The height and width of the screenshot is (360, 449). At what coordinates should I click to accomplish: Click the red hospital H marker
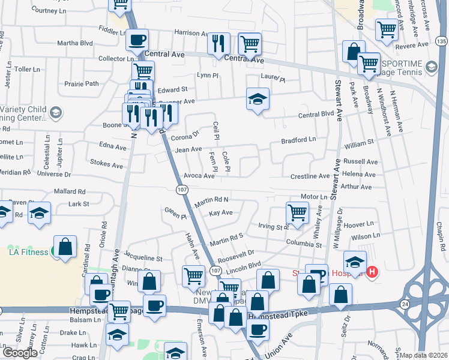click(372, 272)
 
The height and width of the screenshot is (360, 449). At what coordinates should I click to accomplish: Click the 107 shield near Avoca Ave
click(181, 190)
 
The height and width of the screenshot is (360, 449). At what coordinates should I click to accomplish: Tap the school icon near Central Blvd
click(258, 100)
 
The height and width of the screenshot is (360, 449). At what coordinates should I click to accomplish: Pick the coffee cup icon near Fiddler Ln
click(137, 40)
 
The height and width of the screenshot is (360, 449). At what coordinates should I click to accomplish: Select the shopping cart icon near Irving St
click(297, 212)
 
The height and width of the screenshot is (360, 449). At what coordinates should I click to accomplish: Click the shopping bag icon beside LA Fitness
click(65, 247)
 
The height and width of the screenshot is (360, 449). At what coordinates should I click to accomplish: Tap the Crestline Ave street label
click(310, 176)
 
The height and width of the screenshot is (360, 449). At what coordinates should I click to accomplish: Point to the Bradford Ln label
click(299, 140)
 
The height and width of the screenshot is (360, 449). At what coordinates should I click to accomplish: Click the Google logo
click(20, 353)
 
